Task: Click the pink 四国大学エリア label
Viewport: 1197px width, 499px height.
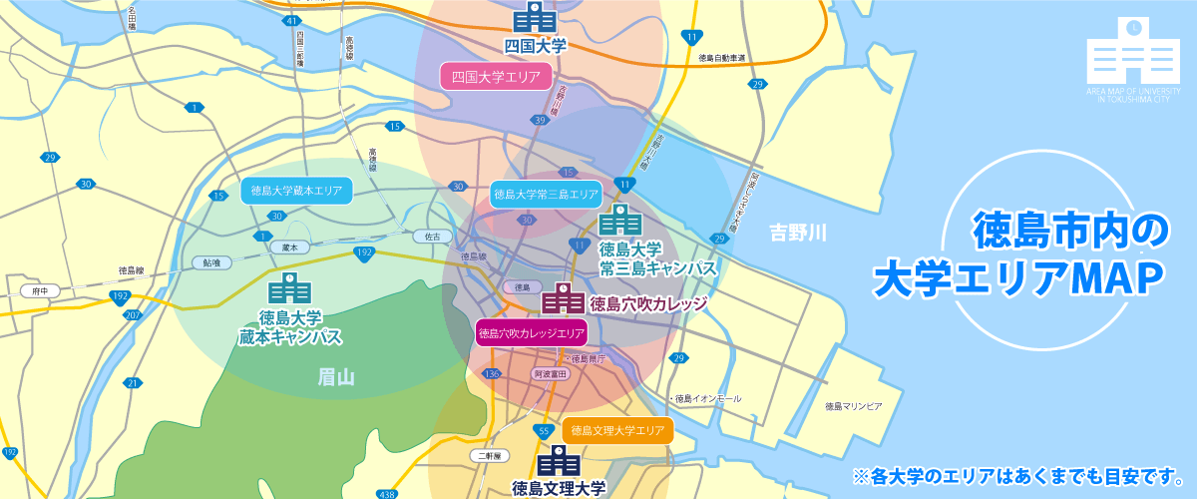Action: pyautogui.click(x=496, y=76)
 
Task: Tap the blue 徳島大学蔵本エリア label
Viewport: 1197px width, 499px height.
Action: pyautogui.click(x=296, y=190)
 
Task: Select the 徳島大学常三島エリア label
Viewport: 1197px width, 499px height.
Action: pyautogui.click(x=546, y=194)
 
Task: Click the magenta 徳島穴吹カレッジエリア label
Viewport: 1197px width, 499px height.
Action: pyautogui.click(x=530, y=333)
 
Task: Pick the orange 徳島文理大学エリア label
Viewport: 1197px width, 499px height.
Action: pyautogui.click(x=617, y=431)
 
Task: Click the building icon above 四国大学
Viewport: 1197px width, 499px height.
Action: pyautogui.click(x=535, y=17)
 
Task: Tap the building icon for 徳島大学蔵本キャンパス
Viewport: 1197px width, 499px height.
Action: pyautogui.click(x=290, y=289)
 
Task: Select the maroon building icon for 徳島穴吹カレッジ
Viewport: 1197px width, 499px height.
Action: pyautogui.click(x=563, y=299)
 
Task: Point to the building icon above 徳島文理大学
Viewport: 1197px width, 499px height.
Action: pyautogui.click(x=559, y=461)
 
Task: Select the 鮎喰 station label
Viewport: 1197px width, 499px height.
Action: pyautogui.click(x=211, y=262)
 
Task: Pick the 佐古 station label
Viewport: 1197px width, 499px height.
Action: pyautogui.click(x=433, y=237)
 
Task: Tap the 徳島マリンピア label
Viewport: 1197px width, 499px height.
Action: pyautogui.click(x=854, y=407)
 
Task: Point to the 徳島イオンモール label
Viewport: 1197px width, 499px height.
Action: pyautogui.click(x=707, y=398)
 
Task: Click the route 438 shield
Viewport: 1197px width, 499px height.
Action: pyautogui.click(x=388, y=493)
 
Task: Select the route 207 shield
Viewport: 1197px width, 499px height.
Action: pyautogui.click(x=133, y=315)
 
